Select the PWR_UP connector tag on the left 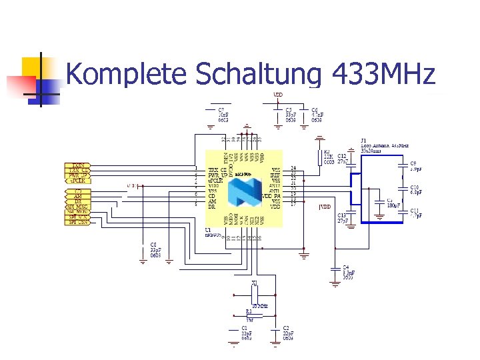[x=79, y=176]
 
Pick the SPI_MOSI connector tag [x=78, y=212]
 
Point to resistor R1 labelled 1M [x=250, y=315]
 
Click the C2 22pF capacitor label [x=289, y=333]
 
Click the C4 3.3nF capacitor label [x=348, y=272]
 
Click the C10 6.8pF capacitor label [x=415, y=190]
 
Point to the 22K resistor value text [x=328, y=157]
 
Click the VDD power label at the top [x=278, y=95]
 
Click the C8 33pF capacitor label [x=155, y=250]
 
